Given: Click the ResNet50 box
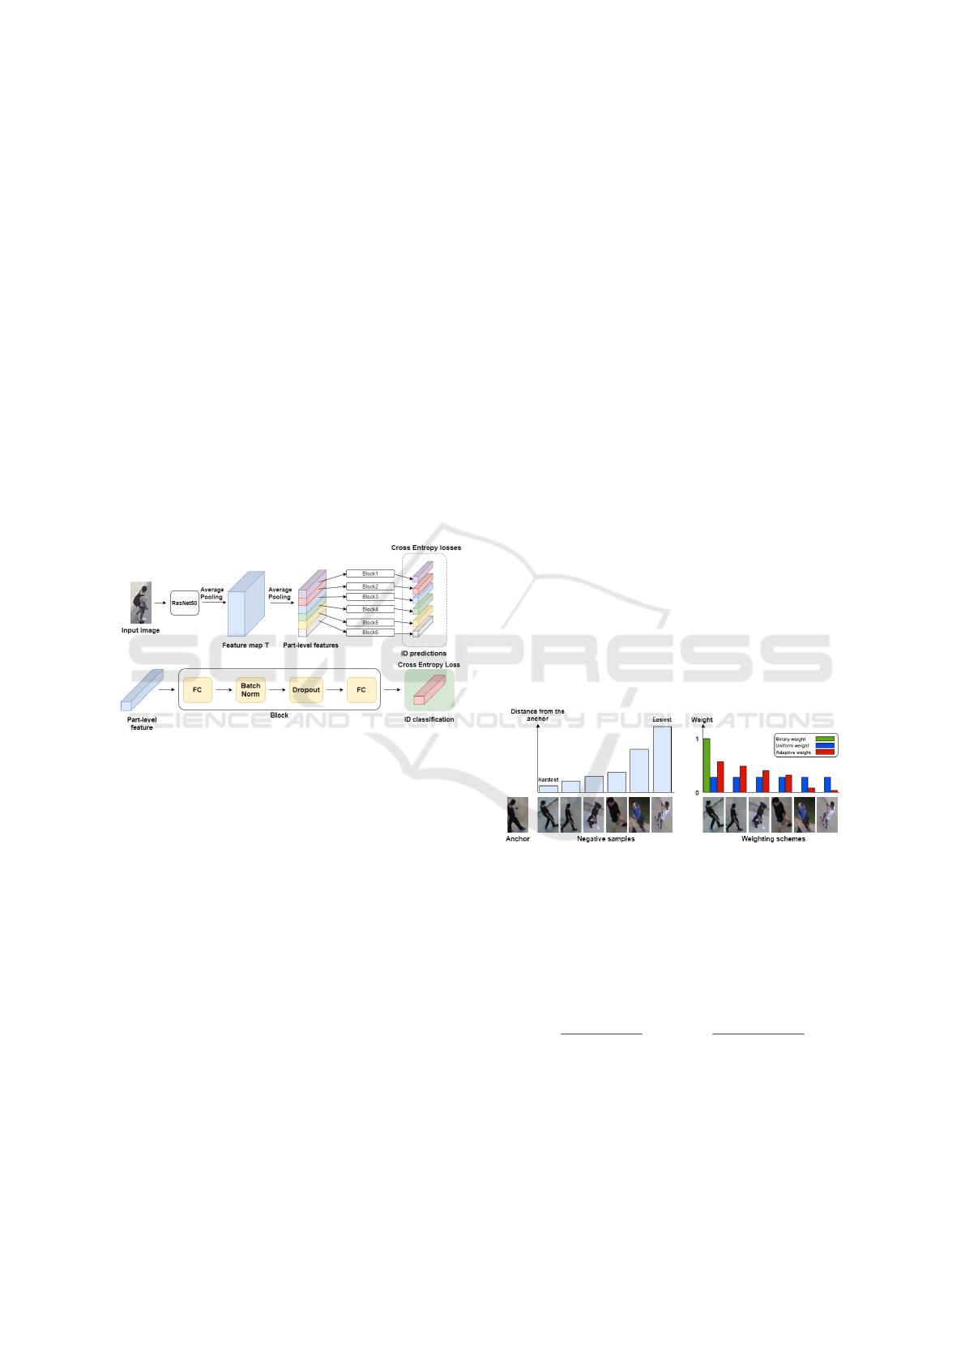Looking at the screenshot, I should click(x=185, y=603).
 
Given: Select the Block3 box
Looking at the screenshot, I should click(x=369, y=597).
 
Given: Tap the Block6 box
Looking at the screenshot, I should click(x=369, y=633).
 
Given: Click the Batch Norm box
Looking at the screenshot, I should click(x=250, y=690).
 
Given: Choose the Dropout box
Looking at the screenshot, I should click(x=306, y=690).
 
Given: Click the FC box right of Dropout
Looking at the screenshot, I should click(x=361, y=690).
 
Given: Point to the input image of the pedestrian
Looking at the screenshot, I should click(x=141, y=603).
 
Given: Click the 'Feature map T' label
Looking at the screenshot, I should click(x=246, y=646).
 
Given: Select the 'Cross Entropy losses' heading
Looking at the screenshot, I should click(x=426, y=548).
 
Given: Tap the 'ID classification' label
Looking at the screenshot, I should click(x=429, y=719).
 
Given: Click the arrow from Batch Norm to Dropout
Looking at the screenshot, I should click(x=278, y=690).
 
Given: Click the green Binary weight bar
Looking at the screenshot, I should click(x=707, y=765).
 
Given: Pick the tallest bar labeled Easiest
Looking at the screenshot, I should click(x=662, y=759).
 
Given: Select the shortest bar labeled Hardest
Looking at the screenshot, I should click(x=549, y=788).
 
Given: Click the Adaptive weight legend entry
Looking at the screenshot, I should click(x=805, y=752).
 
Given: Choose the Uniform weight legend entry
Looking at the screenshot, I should click(x=805, y=746).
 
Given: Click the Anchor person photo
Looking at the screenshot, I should click(x=517, y=815).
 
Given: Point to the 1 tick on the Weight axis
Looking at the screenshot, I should click(x=697, y=740).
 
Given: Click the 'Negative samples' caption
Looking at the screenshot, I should click(x=605, y=839).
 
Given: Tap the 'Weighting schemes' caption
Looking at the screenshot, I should click(x=773, y=839).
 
